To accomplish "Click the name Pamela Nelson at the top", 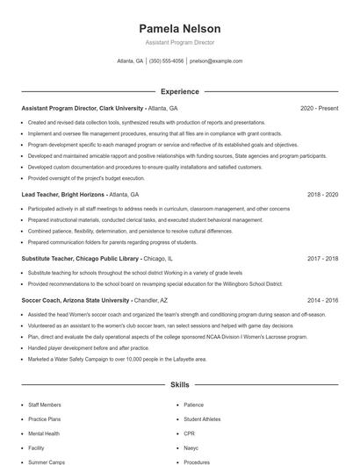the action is coord(179,29).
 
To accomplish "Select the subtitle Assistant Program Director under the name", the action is coord(179,42).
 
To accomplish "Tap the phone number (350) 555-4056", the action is coord(167,61).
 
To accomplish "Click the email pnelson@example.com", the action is coord(215,61).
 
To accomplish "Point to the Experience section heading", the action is coord(179,91).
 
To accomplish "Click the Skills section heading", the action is coord(179,384).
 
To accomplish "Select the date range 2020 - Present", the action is coord(320,108).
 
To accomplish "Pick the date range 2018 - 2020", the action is coord(323,194).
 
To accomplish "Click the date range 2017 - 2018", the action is coord(323,259).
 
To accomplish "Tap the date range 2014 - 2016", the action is coord(323,300).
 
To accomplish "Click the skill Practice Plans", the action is coord(45,419).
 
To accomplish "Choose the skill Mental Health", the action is coord(44,433).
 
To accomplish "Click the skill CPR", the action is coord(190,433).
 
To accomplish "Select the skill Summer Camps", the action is coord(46,461).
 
